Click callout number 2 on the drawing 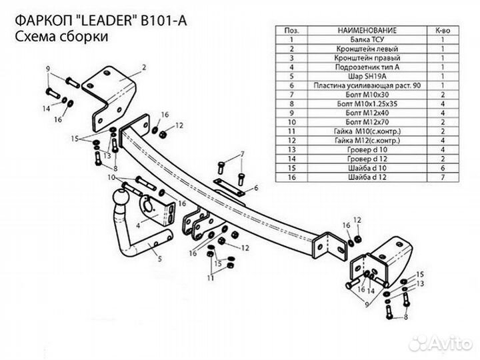(143, 68)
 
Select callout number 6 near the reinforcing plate (255, 189)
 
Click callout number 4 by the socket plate (137, 225)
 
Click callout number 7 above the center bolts (242, 154)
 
